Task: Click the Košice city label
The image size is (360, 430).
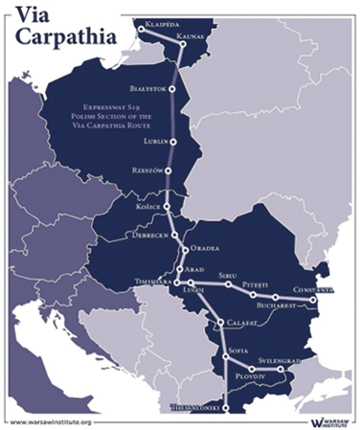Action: click(x=145, y=205)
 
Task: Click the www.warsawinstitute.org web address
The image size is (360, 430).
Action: click(x=51, y=420)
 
